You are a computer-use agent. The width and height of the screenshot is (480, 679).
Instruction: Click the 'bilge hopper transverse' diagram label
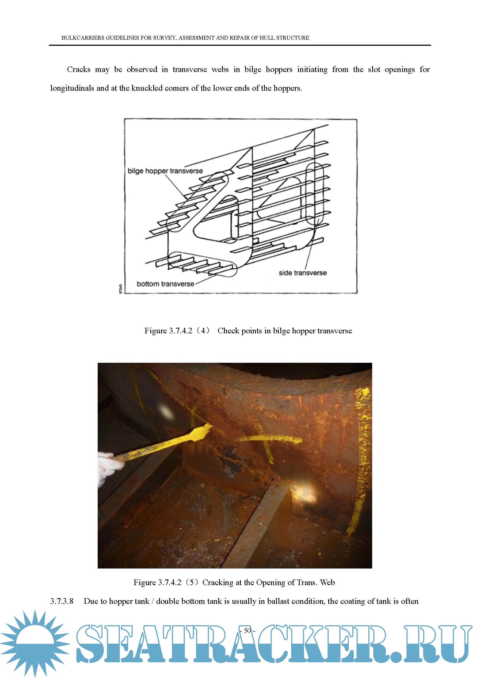165,171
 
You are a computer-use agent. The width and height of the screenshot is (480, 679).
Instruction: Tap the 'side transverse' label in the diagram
303,273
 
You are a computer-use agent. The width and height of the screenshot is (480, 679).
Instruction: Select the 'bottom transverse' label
165,284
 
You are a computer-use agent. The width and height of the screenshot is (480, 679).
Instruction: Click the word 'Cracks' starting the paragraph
79,70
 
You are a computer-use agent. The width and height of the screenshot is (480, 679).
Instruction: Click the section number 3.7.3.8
62,601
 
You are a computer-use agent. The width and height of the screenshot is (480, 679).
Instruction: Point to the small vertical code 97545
120,289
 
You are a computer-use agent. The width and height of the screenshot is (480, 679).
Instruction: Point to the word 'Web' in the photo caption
327,583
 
